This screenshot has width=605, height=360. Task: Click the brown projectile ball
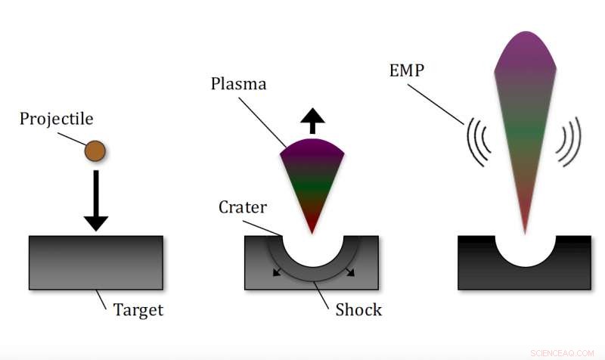pyautogui.click(x=95, y=151)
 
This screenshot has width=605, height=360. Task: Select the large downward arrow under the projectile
pyautogui.click(x=96, y=200)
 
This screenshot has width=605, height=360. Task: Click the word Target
pyautogui.click(x=138, y=309)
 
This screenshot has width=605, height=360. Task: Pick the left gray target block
pyautogui.click(x=96, y=262)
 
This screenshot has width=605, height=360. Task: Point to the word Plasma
pyautogui.click(x=238, y=84)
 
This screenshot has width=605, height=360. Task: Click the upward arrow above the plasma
pyautogui.click(x=312, y=120)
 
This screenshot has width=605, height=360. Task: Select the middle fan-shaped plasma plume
pyautogui.click(x=312, y=178)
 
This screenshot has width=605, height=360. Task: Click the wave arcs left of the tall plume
pyautogui.click(x=479, y=142)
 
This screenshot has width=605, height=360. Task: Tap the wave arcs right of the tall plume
pyautogui.click(x=569, y=142)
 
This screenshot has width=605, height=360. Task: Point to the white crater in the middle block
pyautogui.click(x=312, y=253)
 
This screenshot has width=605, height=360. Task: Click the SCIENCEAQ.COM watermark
pyautogui.click(x=563, y=352)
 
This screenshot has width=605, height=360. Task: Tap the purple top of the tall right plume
pyautogui.click(x=524, y=49)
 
